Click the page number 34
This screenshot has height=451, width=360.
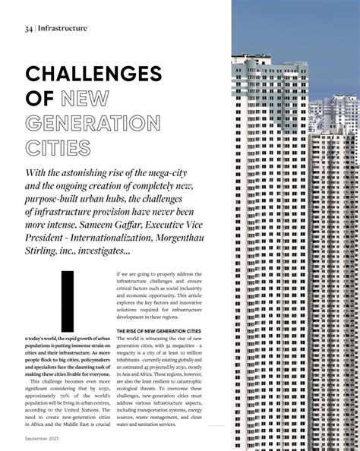[28, 29]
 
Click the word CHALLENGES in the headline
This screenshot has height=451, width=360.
[93, 74]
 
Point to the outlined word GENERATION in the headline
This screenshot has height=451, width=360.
[93, 122]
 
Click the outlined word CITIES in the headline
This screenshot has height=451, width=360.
[58, 147]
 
